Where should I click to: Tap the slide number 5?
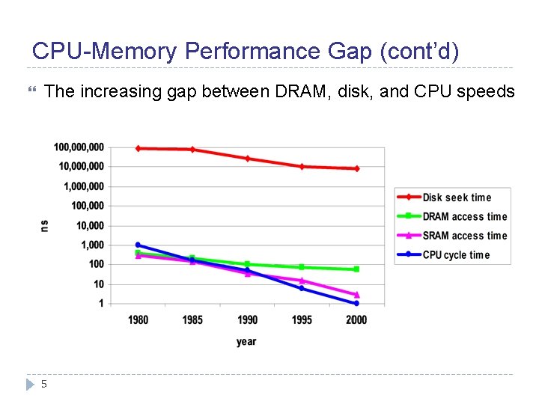[44, 384]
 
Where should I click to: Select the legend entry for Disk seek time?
[457, 198]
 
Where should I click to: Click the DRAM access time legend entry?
[464, 217]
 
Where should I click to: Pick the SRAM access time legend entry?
[464, 236]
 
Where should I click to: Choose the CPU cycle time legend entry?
[456, 255]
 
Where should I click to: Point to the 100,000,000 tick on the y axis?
[79, 147]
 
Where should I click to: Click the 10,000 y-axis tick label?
[89, 225]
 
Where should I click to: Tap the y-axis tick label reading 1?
[101, 304]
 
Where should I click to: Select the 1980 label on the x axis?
[138, 320]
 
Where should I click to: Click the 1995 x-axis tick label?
[302, 320]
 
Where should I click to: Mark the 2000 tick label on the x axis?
[356, 320]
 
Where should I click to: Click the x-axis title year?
[246, 342]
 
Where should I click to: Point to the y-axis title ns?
[45, 225]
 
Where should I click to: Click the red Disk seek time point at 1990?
[247, 159]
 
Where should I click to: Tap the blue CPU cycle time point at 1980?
[138, 245]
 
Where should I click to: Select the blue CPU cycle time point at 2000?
[356, 303]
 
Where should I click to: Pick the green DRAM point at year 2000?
[356, 269]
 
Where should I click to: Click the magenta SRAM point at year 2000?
[356, 295]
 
